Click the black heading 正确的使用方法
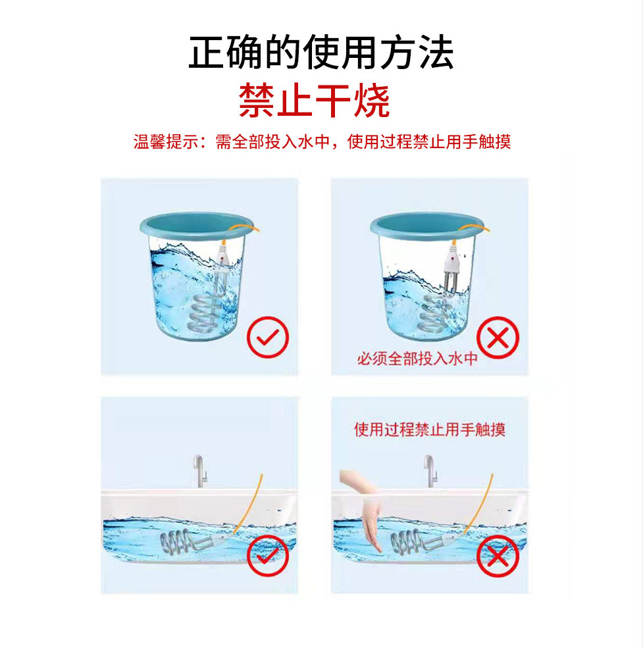pos(321,53)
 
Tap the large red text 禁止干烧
pos(315,100)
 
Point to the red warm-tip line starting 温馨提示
pos(322,141)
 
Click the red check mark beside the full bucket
pos(267,337)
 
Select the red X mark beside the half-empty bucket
pos(498,338)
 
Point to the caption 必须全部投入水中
pos(417,359)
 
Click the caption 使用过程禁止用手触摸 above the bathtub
pos(429,430)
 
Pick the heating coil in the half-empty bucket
pos(436,314)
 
